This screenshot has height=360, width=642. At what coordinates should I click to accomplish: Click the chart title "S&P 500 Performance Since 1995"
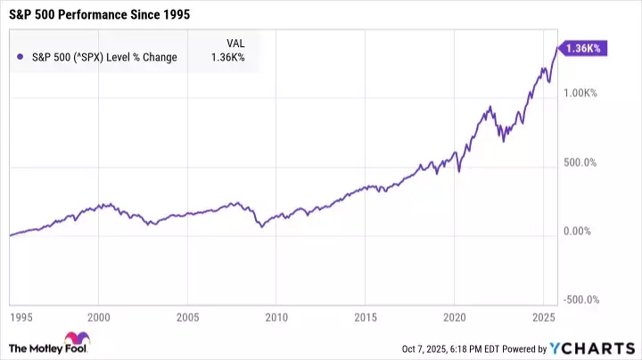pyautogui.click(x=100, y=16)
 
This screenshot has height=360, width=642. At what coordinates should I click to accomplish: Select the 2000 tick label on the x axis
pyautogui.click(x=99, y=316)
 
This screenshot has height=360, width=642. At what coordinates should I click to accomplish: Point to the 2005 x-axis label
pyautogui.click(x=187, y=316)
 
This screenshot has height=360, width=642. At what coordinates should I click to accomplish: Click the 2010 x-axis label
pyautogui.click(x=276, y=316)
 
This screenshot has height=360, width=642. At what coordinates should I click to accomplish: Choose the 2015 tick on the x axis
pyautogui.click(x=366, y=316)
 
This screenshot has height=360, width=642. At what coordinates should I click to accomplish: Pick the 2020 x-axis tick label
pyautogui.click(x=455, y=316)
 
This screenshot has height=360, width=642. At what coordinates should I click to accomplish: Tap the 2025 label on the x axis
pyautogui.click(x=543, y=316)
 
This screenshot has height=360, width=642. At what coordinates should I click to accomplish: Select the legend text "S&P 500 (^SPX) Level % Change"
pyautogui.click(x=103, y=58)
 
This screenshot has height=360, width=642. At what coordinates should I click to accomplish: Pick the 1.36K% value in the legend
pyautogui.click(x=227, y=58)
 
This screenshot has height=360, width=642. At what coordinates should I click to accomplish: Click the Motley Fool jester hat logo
pyautogui.click(x=83, y=340)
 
